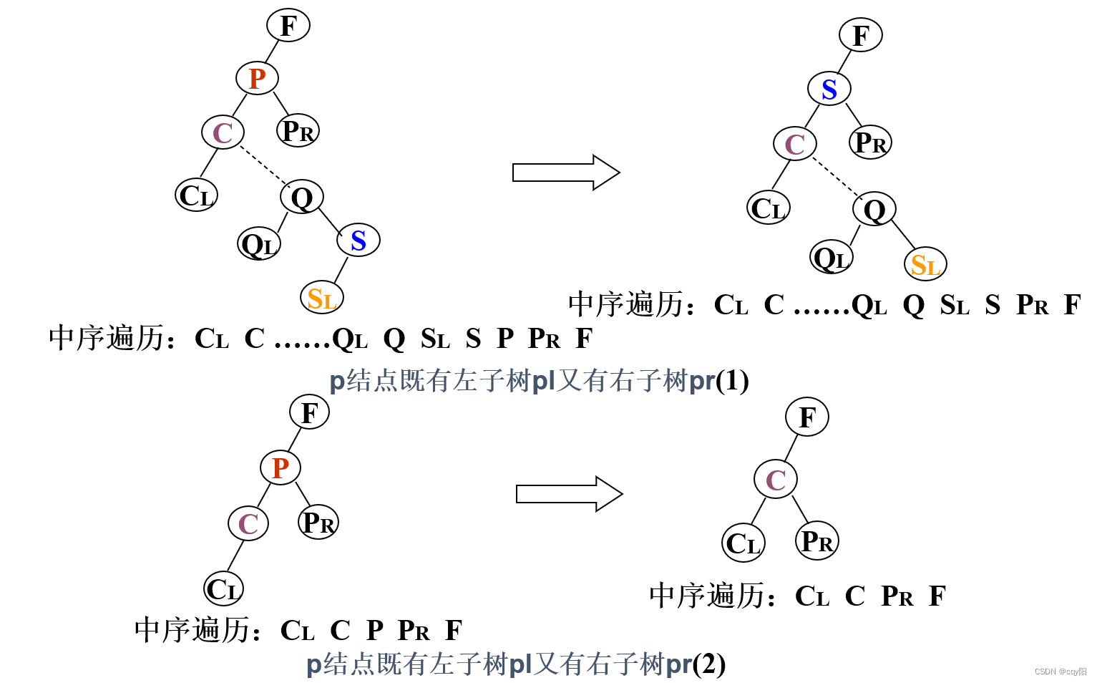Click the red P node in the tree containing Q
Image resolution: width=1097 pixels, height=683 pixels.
point(257,78)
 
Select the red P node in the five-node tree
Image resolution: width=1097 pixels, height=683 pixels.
point(280,468)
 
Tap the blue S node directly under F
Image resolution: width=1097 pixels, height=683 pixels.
point(829,89)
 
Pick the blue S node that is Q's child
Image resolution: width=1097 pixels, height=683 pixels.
point(358,241)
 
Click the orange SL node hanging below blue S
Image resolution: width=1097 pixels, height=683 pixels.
point(321,298)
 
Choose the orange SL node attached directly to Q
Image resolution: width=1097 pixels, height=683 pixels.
point(925,265)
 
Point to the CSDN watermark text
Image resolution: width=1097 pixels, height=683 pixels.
point(1060,672)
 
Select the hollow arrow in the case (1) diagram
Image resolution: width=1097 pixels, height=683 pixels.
point(565,173)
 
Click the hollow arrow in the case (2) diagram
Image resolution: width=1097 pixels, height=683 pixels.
point(569,494)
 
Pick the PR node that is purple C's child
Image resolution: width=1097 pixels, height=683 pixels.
point(816,541)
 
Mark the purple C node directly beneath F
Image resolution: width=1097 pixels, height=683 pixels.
point(776,480)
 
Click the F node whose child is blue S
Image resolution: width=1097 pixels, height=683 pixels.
point(860,36)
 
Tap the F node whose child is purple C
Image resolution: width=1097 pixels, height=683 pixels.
point(806,417)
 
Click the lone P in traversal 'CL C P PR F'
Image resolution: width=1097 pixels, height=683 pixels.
point(375,631)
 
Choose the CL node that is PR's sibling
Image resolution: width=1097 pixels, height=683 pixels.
point(743,543)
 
